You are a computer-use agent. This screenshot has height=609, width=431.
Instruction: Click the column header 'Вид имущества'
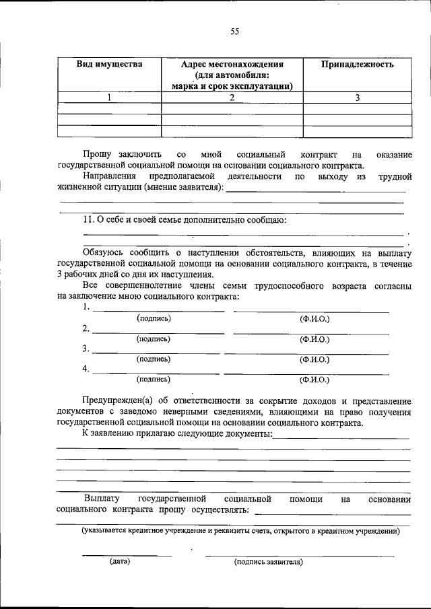(x=109, y=65)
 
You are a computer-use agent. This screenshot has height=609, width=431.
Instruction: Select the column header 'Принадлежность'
(x=357, y=65)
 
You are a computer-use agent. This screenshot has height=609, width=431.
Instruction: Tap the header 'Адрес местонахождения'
(x=232, y=65)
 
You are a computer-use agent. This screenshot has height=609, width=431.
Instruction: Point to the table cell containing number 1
(x=109, y=98)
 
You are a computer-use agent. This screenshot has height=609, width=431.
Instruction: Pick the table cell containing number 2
(x=232, y=98)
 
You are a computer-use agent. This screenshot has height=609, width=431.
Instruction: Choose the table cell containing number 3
(x=357, y=98)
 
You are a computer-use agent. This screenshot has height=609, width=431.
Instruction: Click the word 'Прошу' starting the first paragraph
(x=97, y=155)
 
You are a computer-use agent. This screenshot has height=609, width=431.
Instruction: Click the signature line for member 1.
(x=158, y=311)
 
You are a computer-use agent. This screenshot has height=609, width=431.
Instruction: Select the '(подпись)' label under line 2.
(x=154, y=339)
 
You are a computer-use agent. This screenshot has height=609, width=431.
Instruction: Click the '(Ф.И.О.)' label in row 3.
(x=314, y=359)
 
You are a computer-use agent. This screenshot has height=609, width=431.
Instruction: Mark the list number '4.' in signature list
(x=86, y=369)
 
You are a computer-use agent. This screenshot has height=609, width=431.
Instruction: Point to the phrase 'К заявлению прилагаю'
(x=135, y=434)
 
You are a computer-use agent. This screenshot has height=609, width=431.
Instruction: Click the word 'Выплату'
(x=102, y=499)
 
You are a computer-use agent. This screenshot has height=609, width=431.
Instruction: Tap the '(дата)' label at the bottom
(x=120, y=561)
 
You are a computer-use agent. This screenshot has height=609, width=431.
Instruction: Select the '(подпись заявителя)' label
(x=269, y=561)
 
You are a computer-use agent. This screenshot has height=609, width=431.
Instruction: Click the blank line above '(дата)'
(x=127, y=555)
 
